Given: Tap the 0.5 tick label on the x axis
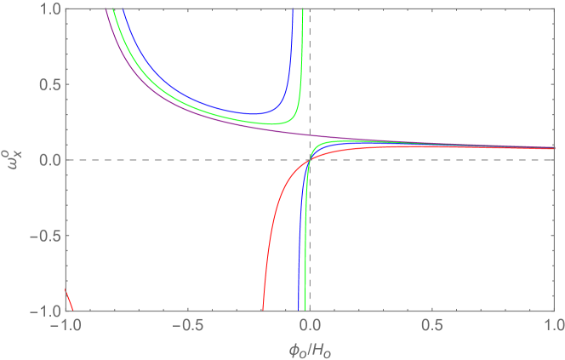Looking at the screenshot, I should (431, 324).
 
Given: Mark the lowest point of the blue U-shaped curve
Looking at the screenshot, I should (251, 114).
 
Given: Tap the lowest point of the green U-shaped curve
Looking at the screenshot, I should (264, 124).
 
